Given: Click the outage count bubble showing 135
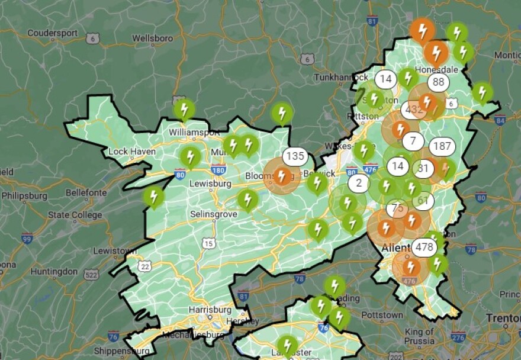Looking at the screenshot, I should pos(294,157).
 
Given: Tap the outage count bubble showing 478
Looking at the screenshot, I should pos(424,246).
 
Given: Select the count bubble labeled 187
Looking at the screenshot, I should pos(442,146).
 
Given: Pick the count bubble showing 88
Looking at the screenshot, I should pos(439,82).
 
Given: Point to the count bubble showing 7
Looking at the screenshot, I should pos(413,142).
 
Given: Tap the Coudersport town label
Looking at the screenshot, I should pos(52,33).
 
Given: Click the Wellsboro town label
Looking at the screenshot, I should pos(152,38).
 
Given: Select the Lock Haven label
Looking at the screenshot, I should pos(132,152).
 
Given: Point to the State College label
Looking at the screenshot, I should pos(75,216).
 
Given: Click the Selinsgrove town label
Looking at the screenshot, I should pos(214,213).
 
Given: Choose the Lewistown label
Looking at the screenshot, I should pos(115,251).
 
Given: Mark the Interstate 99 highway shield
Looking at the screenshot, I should pos(27,239).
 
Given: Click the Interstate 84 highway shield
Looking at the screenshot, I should pos(500,121).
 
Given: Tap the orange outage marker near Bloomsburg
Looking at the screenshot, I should pos(282,176).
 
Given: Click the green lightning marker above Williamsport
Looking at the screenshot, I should pos(184,110).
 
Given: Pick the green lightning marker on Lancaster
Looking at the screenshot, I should pos(287,345).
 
